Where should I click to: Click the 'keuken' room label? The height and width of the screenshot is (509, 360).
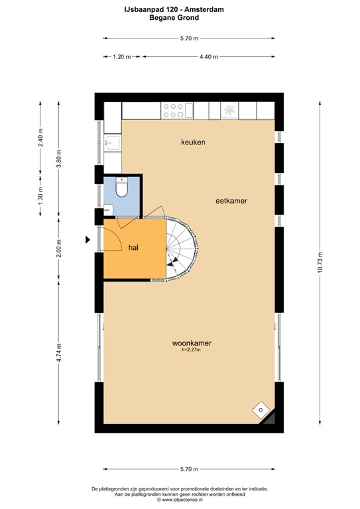tap(193, 142)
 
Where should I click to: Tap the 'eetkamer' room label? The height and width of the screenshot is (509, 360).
tap(231, 201)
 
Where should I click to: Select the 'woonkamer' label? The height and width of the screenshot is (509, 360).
tap(192, 343)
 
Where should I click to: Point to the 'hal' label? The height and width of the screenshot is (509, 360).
tap(133, 248)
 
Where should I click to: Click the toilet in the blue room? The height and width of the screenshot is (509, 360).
tap(122, 188)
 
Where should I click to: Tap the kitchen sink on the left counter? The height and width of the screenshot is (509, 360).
tap(112, 142)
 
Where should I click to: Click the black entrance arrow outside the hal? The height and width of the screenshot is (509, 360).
tap(88, 240)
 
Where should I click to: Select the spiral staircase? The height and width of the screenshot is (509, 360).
tap(181, 249)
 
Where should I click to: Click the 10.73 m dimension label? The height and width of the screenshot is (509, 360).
tap(320, 262)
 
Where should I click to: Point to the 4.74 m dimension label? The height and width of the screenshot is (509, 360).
tap(59, 353)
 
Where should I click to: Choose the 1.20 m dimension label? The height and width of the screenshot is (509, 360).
tap(122, 57)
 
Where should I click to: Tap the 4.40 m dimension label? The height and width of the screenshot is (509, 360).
tap(209, 57)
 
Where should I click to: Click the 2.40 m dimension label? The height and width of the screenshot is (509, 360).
tap(40, 138)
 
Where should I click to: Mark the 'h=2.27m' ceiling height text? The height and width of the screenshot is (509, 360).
tap(191, 350)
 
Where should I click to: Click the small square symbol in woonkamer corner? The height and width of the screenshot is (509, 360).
tap(261, 410)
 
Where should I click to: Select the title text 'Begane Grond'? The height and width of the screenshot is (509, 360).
tap(174, 17)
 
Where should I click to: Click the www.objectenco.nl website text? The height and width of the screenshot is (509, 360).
tap(180, 500)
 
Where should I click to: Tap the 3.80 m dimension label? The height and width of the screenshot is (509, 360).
tap(59, 158)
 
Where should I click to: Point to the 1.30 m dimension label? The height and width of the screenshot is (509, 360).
tap(40, 196)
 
